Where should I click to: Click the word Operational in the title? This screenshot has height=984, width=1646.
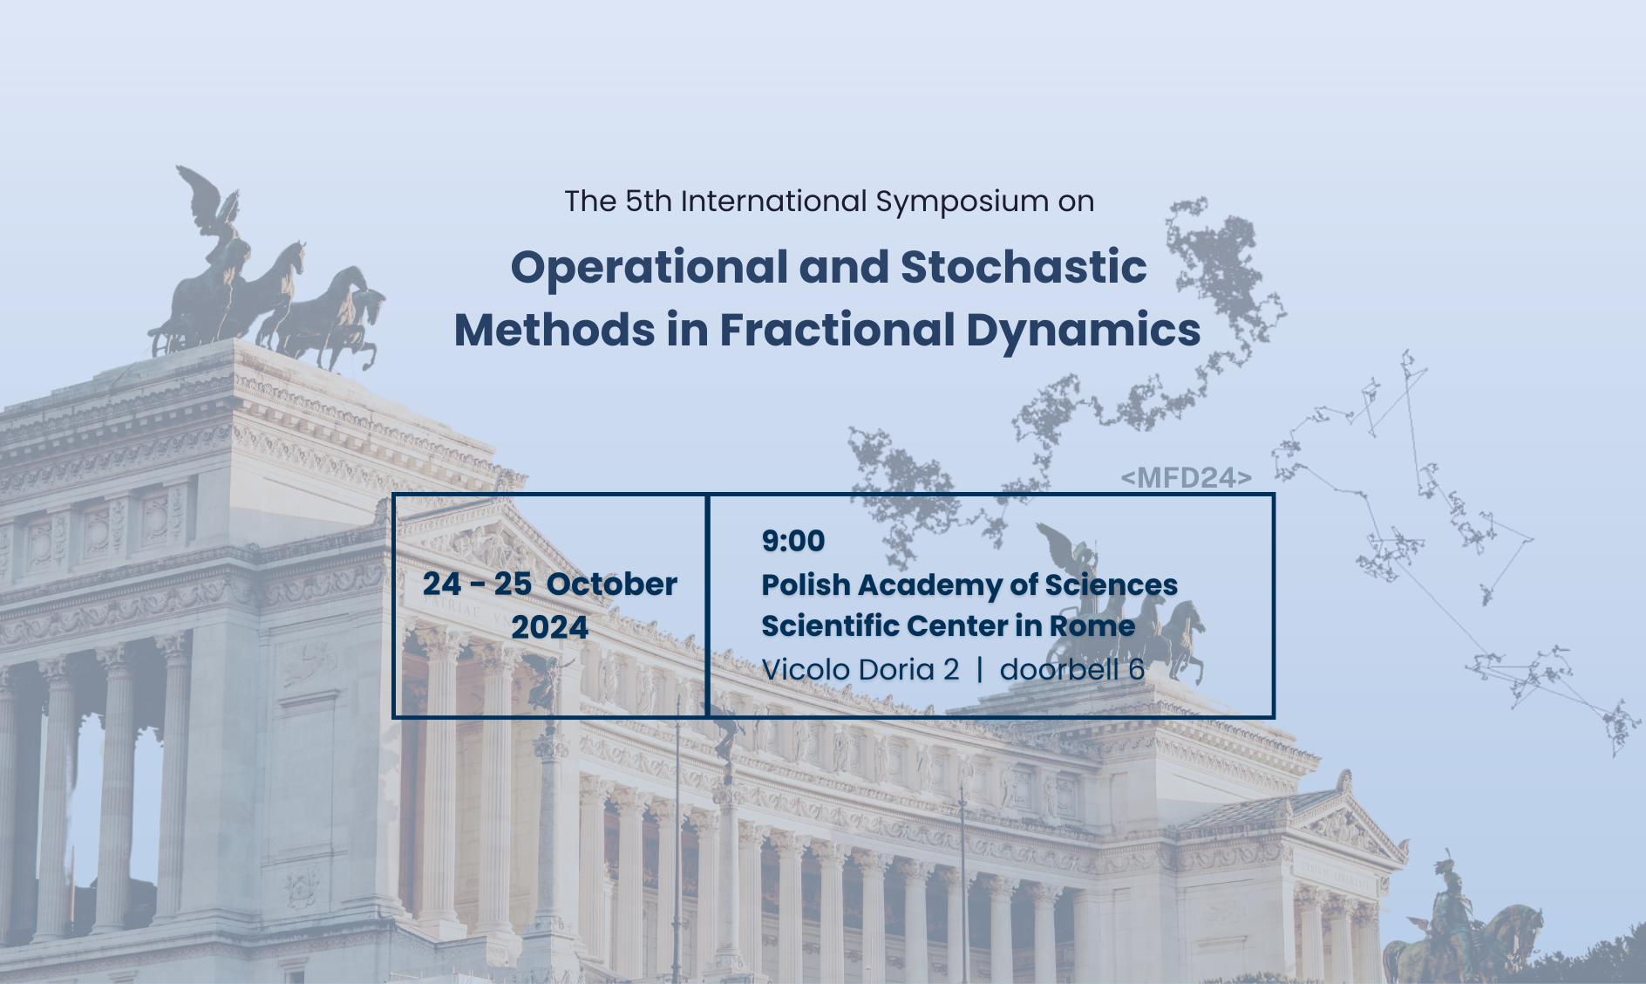tap(650, 268)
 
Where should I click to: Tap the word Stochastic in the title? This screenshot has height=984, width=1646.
tap(1024, 267)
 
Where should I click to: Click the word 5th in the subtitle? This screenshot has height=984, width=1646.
tap(649, 202)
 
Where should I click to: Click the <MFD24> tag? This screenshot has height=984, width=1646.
tap(1187, 478)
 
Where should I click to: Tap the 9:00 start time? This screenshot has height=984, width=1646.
tap(792, 541)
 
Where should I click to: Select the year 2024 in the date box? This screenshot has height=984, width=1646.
tap(549, 628)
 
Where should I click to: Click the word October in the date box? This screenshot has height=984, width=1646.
tap(612, 584)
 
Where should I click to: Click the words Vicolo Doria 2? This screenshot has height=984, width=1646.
tap(860, 670)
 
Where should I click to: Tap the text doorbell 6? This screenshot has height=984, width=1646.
tap(1071, 670)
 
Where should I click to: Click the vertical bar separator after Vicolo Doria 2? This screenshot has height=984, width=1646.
tap(980, 670)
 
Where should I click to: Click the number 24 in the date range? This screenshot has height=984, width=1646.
tap(442, 584)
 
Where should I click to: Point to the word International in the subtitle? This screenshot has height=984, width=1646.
tap(773, 202)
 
